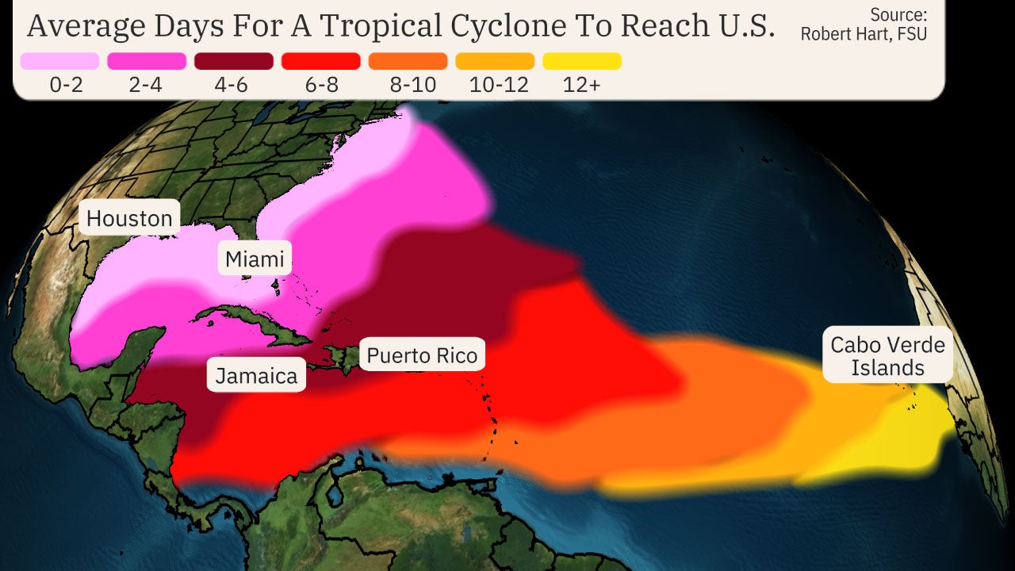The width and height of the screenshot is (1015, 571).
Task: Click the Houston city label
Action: (129, 218)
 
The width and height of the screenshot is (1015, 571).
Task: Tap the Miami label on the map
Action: (254, 259)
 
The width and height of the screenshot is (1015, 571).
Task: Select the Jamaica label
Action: (256, 375)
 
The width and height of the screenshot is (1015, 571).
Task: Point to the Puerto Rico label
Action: (422, 355)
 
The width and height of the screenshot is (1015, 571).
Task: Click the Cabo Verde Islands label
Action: (887, 355)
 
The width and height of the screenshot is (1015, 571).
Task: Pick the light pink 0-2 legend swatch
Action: (59, 61)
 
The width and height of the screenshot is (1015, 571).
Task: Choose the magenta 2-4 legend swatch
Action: (147, 61)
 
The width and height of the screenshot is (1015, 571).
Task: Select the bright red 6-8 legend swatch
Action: (321, 61)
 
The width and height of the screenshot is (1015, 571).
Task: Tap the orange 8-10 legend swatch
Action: (408, 61)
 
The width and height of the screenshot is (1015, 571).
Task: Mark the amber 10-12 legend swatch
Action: (495, 61)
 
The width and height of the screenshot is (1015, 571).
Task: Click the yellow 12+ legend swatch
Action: (582, 61)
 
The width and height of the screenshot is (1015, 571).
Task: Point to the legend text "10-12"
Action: (499, 86)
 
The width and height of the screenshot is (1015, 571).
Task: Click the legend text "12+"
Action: (582, 86)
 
